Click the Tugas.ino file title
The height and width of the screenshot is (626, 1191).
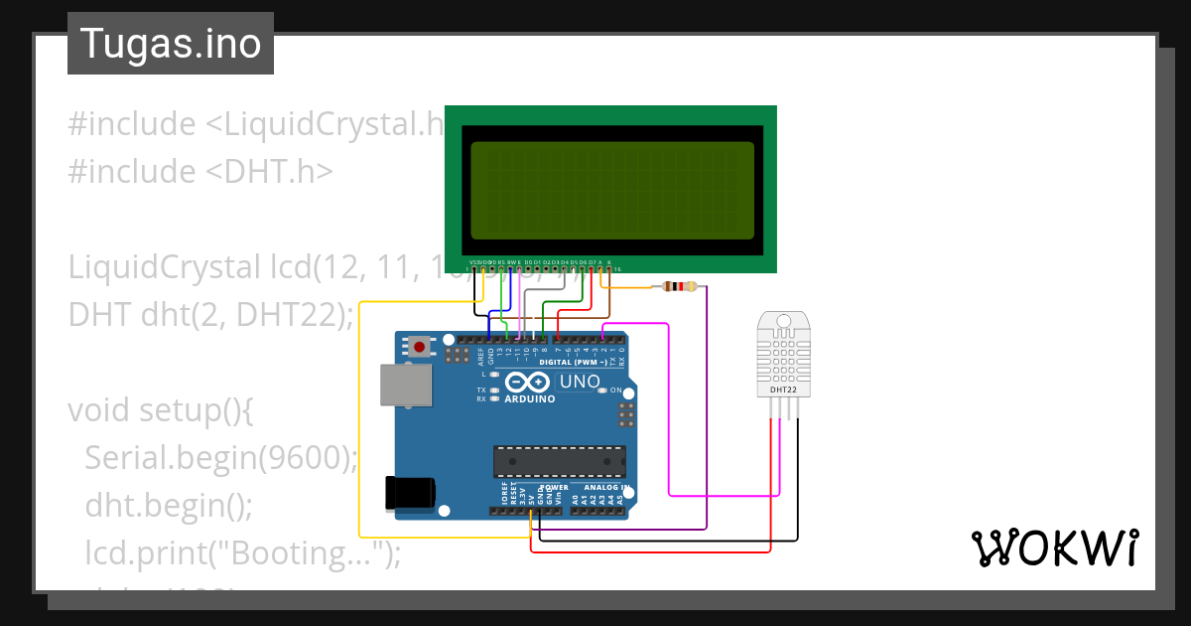point(170,44)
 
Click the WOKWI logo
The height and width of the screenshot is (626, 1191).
point(1053,548)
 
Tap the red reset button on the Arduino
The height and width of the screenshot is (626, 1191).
point(422,347)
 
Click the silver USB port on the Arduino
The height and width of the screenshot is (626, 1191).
point(405,386)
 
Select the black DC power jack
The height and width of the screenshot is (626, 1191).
point(409,493)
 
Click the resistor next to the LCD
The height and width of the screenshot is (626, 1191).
point(679,287)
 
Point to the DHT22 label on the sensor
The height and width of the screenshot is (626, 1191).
point(783,391)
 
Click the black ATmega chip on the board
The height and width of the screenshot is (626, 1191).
point(560,461)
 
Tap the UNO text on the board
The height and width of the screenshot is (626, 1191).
point(580,382)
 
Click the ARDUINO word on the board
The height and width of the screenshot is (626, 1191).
point(530,399)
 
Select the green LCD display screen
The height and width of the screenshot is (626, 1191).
point(611,189)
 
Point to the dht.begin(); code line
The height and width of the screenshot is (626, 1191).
point(169,505)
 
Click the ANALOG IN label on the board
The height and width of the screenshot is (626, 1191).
point(605,488)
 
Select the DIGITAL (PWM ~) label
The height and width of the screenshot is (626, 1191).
point(573,363)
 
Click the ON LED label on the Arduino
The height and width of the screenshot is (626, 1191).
point(615,391)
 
